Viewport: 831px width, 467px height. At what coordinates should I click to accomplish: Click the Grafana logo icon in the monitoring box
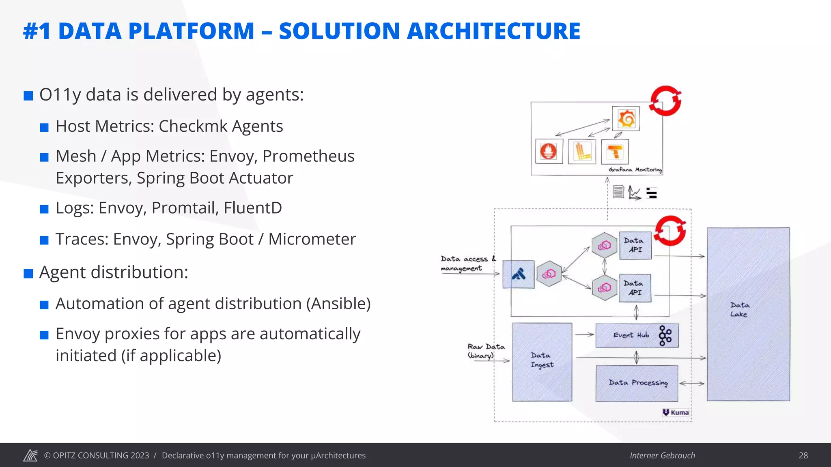[626, 119]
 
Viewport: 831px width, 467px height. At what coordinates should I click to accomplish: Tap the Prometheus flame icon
[549, 152]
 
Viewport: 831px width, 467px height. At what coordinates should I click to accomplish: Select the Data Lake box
[748, 314]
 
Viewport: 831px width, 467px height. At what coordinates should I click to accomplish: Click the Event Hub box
[636, 336]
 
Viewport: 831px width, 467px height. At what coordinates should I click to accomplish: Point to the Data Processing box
[637, 383]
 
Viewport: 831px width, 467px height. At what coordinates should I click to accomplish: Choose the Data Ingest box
[542, 362]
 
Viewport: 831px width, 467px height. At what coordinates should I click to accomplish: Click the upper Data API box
[635, 245]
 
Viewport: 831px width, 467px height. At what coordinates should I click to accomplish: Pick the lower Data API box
[635, 288]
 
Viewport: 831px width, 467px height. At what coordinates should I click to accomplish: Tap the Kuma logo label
[676, 412]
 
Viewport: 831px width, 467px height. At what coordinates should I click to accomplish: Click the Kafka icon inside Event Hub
[665, 336]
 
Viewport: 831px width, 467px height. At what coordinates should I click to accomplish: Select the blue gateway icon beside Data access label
[519, 274]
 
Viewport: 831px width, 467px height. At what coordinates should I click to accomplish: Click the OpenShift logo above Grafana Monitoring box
[665, 101]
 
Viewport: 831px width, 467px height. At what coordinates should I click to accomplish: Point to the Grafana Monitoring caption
[635, 170]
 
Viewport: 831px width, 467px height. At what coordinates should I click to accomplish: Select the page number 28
[803, 455]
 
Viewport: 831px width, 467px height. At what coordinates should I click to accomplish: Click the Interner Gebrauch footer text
[662, 455]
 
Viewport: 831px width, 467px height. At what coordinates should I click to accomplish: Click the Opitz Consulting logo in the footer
[30, 455]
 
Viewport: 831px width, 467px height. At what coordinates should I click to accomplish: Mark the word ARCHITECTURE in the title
[493, 31]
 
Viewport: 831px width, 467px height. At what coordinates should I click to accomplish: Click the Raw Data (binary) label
[486, 351]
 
